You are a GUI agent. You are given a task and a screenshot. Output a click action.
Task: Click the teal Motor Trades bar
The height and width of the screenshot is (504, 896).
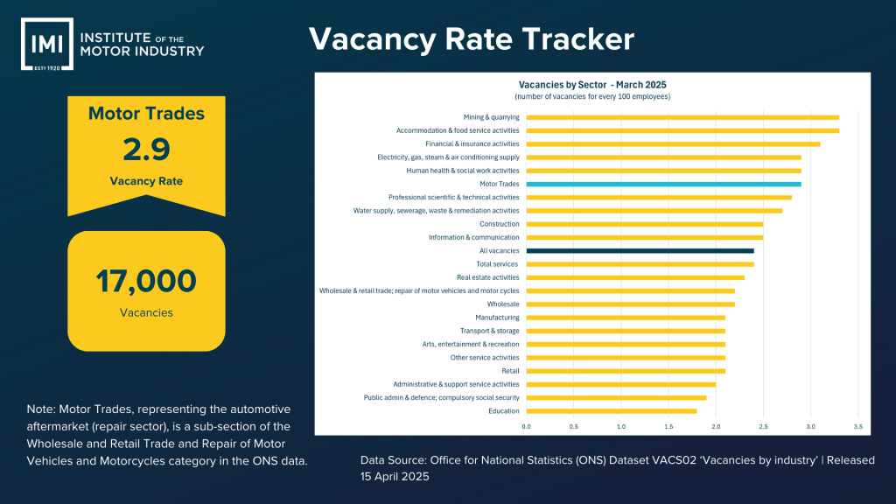[x=663, y=184]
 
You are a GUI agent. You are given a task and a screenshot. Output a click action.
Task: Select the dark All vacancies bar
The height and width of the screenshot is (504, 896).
[x=640, y=250]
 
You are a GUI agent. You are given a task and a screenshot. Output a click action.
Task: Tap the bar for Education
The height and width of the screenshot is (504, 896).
[x=612, y=410]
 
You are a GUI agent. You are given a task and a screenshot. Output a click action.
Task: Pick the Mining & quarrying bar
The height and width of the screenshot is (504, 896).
[x=682, y=117]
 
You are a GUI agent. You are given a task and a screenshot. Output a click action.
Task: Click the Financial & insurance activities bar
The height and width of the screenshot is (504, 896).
[x=673, y=143]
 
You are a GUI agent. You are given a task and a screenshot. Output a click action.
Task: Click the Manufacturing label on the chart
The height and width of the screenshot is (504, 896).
[x=497, y=317]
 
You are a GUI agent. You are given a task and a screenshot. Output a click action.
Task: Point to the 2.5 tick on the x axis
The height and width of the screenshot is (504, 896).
[x=763, y=426]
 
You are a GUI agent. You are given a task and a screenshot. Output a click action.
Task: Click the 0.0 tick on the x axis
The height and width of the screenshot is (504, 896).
[x=527, y=426]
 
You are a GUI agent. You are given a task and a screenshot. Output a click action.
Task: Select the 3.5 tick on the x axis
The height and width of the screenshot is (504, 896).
[x=857, y=426]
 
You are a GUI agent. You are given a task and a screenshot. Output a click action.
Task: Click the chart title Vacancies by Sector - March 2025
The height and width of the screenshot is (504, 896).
[x=592, y=85]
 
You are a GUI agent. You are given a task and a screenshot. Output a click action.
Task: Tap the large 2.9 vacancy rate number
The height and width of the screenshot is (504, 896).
[x=146, y=150]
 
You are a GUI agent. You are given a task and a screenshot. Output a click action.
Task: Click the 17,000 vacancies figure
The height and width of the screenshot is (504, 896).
[x=146, y=281]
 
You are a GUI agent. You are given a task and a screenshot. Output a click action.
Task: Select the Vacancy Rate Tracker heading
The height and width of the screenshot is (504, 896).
[x=472, y=39]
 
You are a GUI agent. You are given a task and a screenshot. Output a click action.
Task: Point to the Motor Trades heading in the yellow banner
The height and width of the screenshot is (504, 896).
[x=146, y=114]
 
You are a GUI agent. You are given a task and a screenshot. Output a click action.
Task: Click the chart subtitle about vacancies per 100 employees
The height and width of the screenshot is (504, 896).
[x=592, y=96]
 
